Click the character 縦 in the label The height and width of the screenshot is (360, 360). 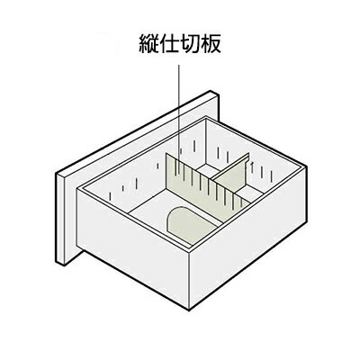click(149, 44)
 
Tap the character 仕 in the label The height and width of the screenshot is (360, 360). click(169, 44)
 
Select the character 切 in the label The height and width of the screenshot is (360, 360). click(190, 44)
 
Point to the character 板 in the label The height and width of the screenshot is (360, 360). click(211, 44)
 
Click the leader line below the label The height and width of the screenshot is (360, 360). click(179, 120)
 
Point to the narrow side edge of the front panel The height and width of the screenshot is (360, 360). click(59, 218)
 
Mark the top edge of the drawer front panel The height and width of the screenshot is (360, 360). click(137, 132)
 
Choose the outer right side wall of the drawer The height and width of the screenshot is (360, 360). click(247, 237)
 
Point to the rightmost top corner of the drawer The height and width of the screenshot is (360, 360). click(306, 166)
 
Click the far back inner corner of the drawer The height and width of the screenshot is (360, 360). click(206, 119)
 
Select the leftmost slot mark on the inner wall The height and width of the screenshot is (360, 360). click(111, 195)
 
